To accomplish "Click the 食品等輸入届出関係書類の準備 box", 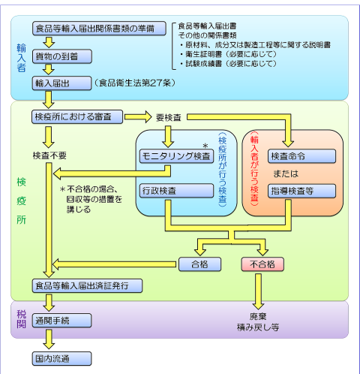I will point(95,29).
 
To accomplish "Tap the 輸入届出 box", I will point(61,83).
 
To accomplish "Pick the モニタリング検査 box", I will point(176,156).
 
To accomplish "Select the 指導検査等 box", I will point(301,191).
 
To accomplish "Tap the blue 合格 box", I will point(198,264).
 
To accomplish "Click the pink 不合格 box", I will point(262,264).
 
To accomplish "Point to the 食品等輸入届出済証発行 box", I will point(88,286).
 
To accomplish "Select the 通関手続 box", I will point(61,320).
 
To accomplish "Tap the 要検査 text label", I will point(170,118).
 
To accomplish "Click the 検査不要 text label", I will point(49,155).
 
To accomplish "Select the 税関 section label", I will point(21,318).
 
